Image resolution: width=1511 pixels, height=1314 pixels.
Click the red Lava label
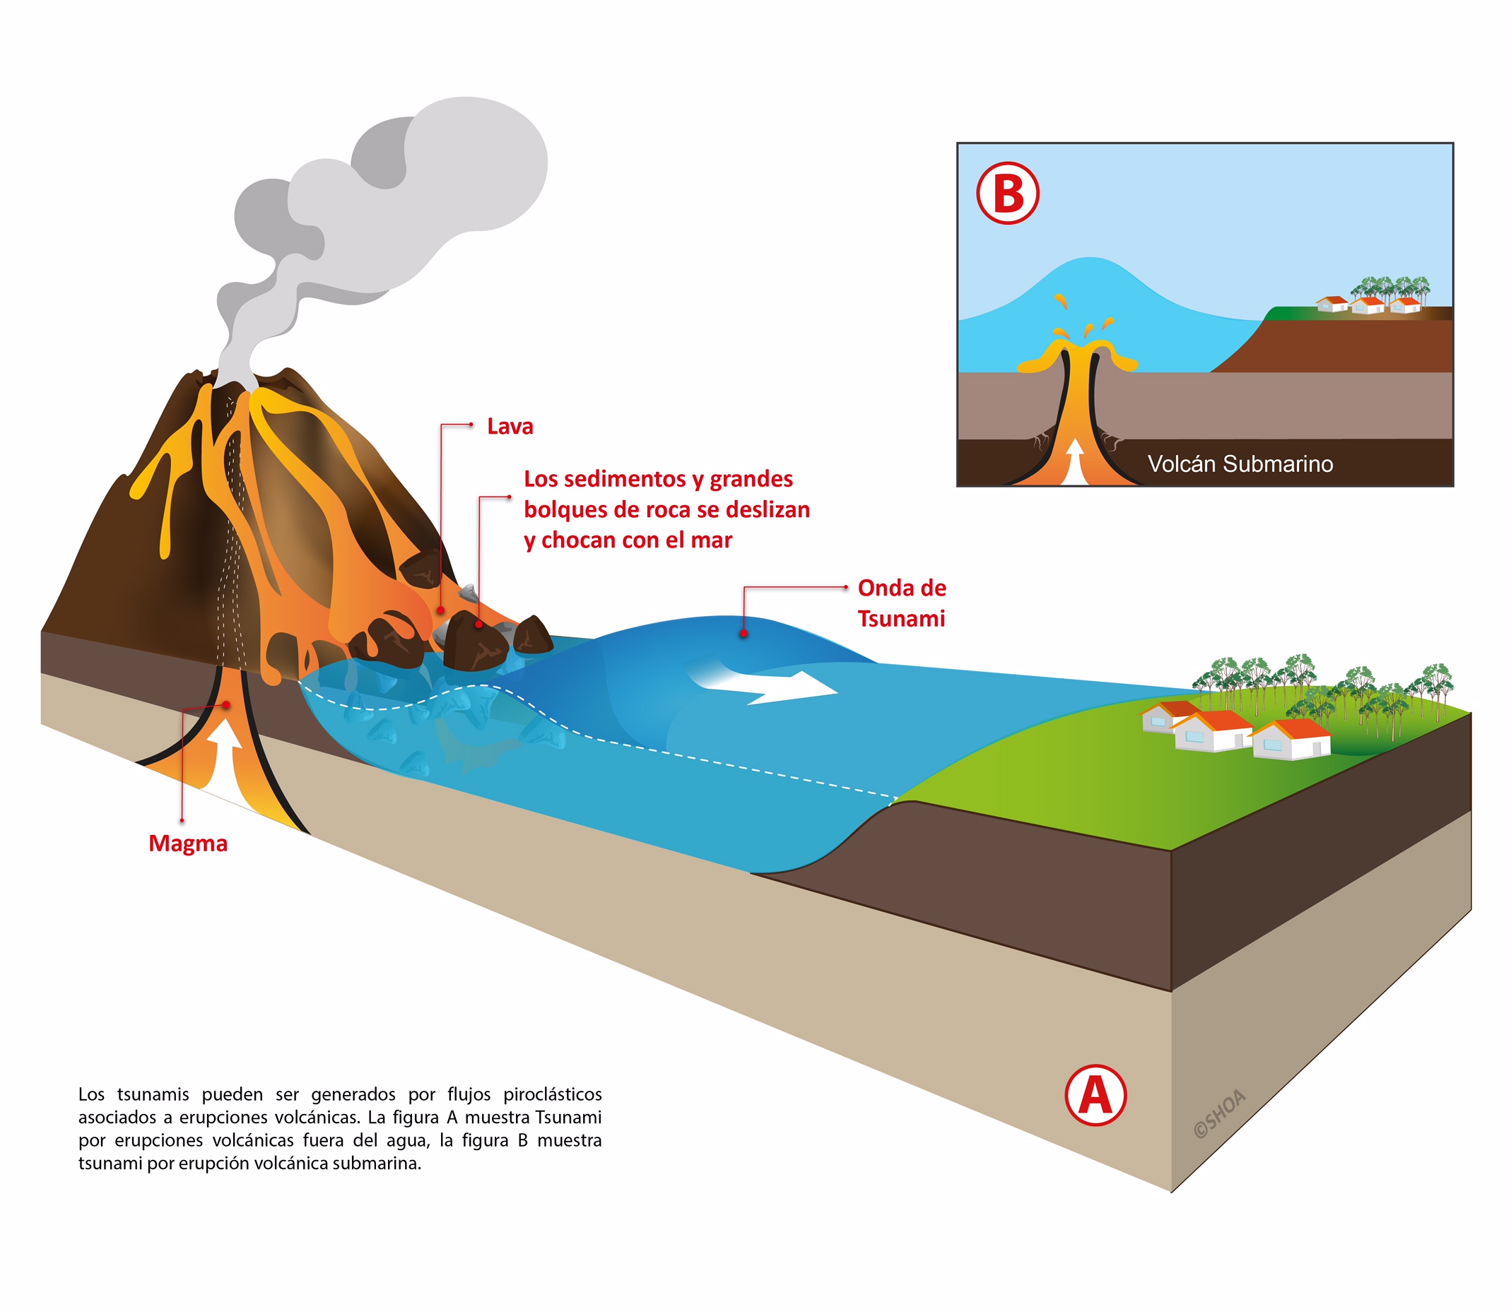pos(510,426)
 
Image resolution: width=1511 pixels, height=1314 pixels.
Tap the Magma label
pos(188,844)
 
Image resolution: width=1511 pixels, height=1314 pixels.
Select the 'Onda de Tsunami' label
pos(902,603)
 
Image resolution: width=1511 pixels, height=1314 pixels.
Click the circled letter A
pos(1095,1096)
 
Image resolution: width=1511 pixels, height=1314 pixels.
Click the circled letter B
pos(1008,194)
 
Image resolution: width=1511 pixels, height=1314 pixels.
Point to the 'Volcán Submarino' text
pos(1240,463)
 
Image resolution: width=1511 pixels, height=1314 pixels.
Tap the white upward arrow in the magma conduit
pos(226,762)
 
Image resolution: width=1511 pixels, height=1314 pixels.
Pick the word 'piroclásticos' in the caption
pos(553,1094)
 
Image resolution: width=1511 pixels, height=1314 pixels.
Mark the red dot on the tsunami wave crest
pos(743,633)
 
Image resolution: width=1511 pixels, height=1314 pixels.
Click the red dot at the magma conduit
pos(227,704)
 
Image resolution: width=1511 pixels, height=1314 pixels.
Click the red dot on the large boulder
pos(479,624)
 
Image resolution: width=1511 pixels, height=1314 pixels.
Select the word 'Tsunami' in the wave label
pos(902,618)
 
